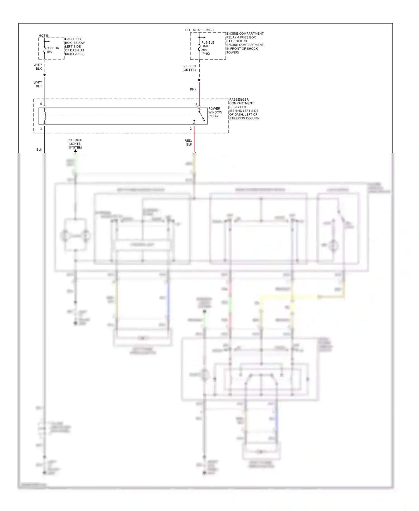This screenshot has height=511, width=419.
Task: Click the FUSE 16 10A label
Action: [52, 50]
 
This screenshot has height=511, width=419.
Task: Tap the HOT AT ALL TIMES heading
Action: [199, 30]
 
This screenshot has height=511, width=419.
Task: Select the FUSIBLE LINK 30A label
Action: [208, 48]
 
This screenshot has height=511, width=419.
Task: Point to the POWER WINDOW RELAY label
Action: [215, 112]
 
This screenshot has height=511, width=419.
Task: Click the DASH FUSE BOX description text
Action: [75, 46]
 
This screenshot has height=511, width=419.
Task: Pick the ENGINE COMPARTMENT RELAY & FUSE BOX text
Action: [245, 43]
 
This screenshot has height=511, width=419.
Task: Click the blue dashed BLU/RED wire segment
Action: [199, 70]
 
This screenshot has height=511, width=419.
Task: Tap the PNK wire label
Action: [193, 89]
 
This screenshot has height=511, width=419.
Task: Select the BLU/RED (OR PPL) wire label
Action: [189, 68]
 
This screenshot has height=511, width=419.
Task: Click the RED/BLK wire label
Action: [189, 143]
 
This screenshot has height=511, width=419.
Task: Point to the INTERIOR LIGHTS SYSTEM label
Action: [75, 144]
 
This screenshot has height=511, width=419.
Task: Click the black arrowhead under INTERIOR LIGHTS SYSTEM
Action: [75, 151]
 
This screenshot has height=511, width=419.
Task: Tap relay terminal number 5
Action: [41, 104]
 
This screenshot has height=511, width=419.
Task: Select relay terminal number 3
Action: [41, 129]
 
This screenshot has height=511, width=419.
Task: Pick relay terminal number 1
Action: [196, 104]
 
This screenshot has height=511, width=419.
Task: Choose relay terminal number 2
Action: [191, 129]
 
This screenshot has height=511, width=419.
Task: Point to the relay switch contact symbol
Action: [202, 116]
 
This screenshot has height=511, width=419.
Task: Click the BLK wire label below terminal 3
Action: [39, 150]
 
